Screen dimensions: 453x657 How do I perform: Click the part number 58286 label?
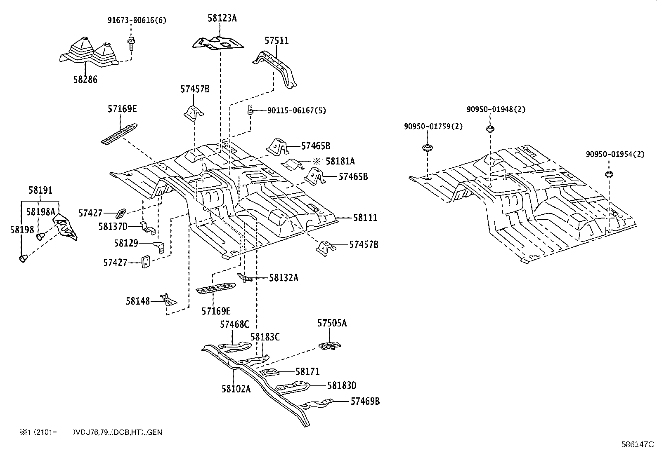[x=85, y=80]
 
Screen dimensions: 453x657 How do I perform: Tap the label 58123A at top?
[x=222, y=18]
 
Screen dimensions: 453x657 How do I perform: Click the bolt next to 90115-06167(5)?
[x=250, y=110]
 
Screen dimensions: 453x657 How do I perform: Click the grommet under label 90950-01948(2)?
[x=489, y=129]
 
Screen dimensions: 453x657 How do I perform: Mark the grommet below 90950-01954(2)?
[x=609, y=174]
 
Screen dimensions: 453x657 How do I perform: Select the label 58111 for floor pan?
[x=365, y=218]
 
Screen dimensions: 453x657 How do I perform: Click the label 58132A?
[x=284, y=277]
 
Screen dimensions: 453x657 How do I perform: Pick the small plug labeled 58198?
[x=23, y=258]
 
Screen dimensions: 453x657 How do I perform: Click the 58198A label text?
[x=40, y=211]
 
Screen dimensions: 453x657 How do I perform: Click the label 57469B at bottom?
[x=365, y=401]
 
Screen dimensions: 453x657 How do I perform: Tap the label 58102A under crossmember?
[x=236, y=388]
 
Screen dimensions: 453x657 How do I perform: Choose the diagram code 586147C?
[x=638, y=444]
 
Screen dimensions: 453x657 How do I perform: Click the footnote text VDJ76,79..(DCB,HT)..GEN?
[x=117, y=432]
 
